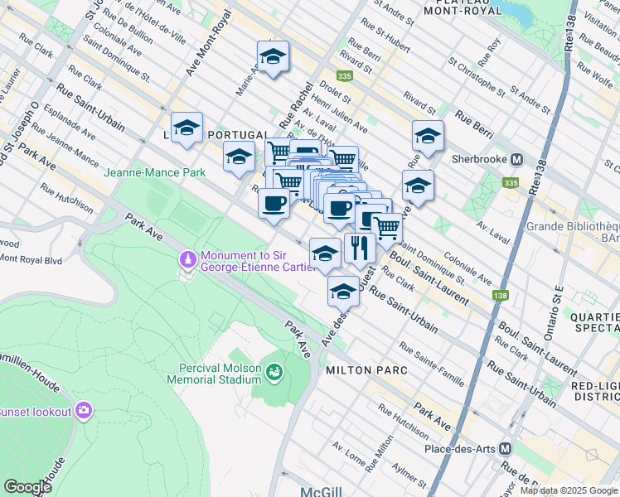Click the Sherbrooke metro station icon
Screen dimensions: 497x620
coord(516,159)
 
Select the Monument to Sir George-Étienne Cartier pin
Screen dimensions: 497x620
coord(188,260)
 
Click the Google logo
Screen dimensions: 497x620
coord(28,486)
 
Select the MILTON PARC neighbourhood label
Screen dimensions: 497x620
coord(366,370)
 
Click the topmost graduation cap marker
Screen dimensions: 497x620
coord(273,57)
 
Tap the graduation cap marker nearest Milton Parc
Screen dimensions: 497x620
coord(342,290)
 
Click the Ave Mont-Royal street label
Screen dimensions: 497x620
coord(207,50)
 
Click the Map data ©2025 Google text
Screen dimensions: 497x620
coord(568,490)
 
